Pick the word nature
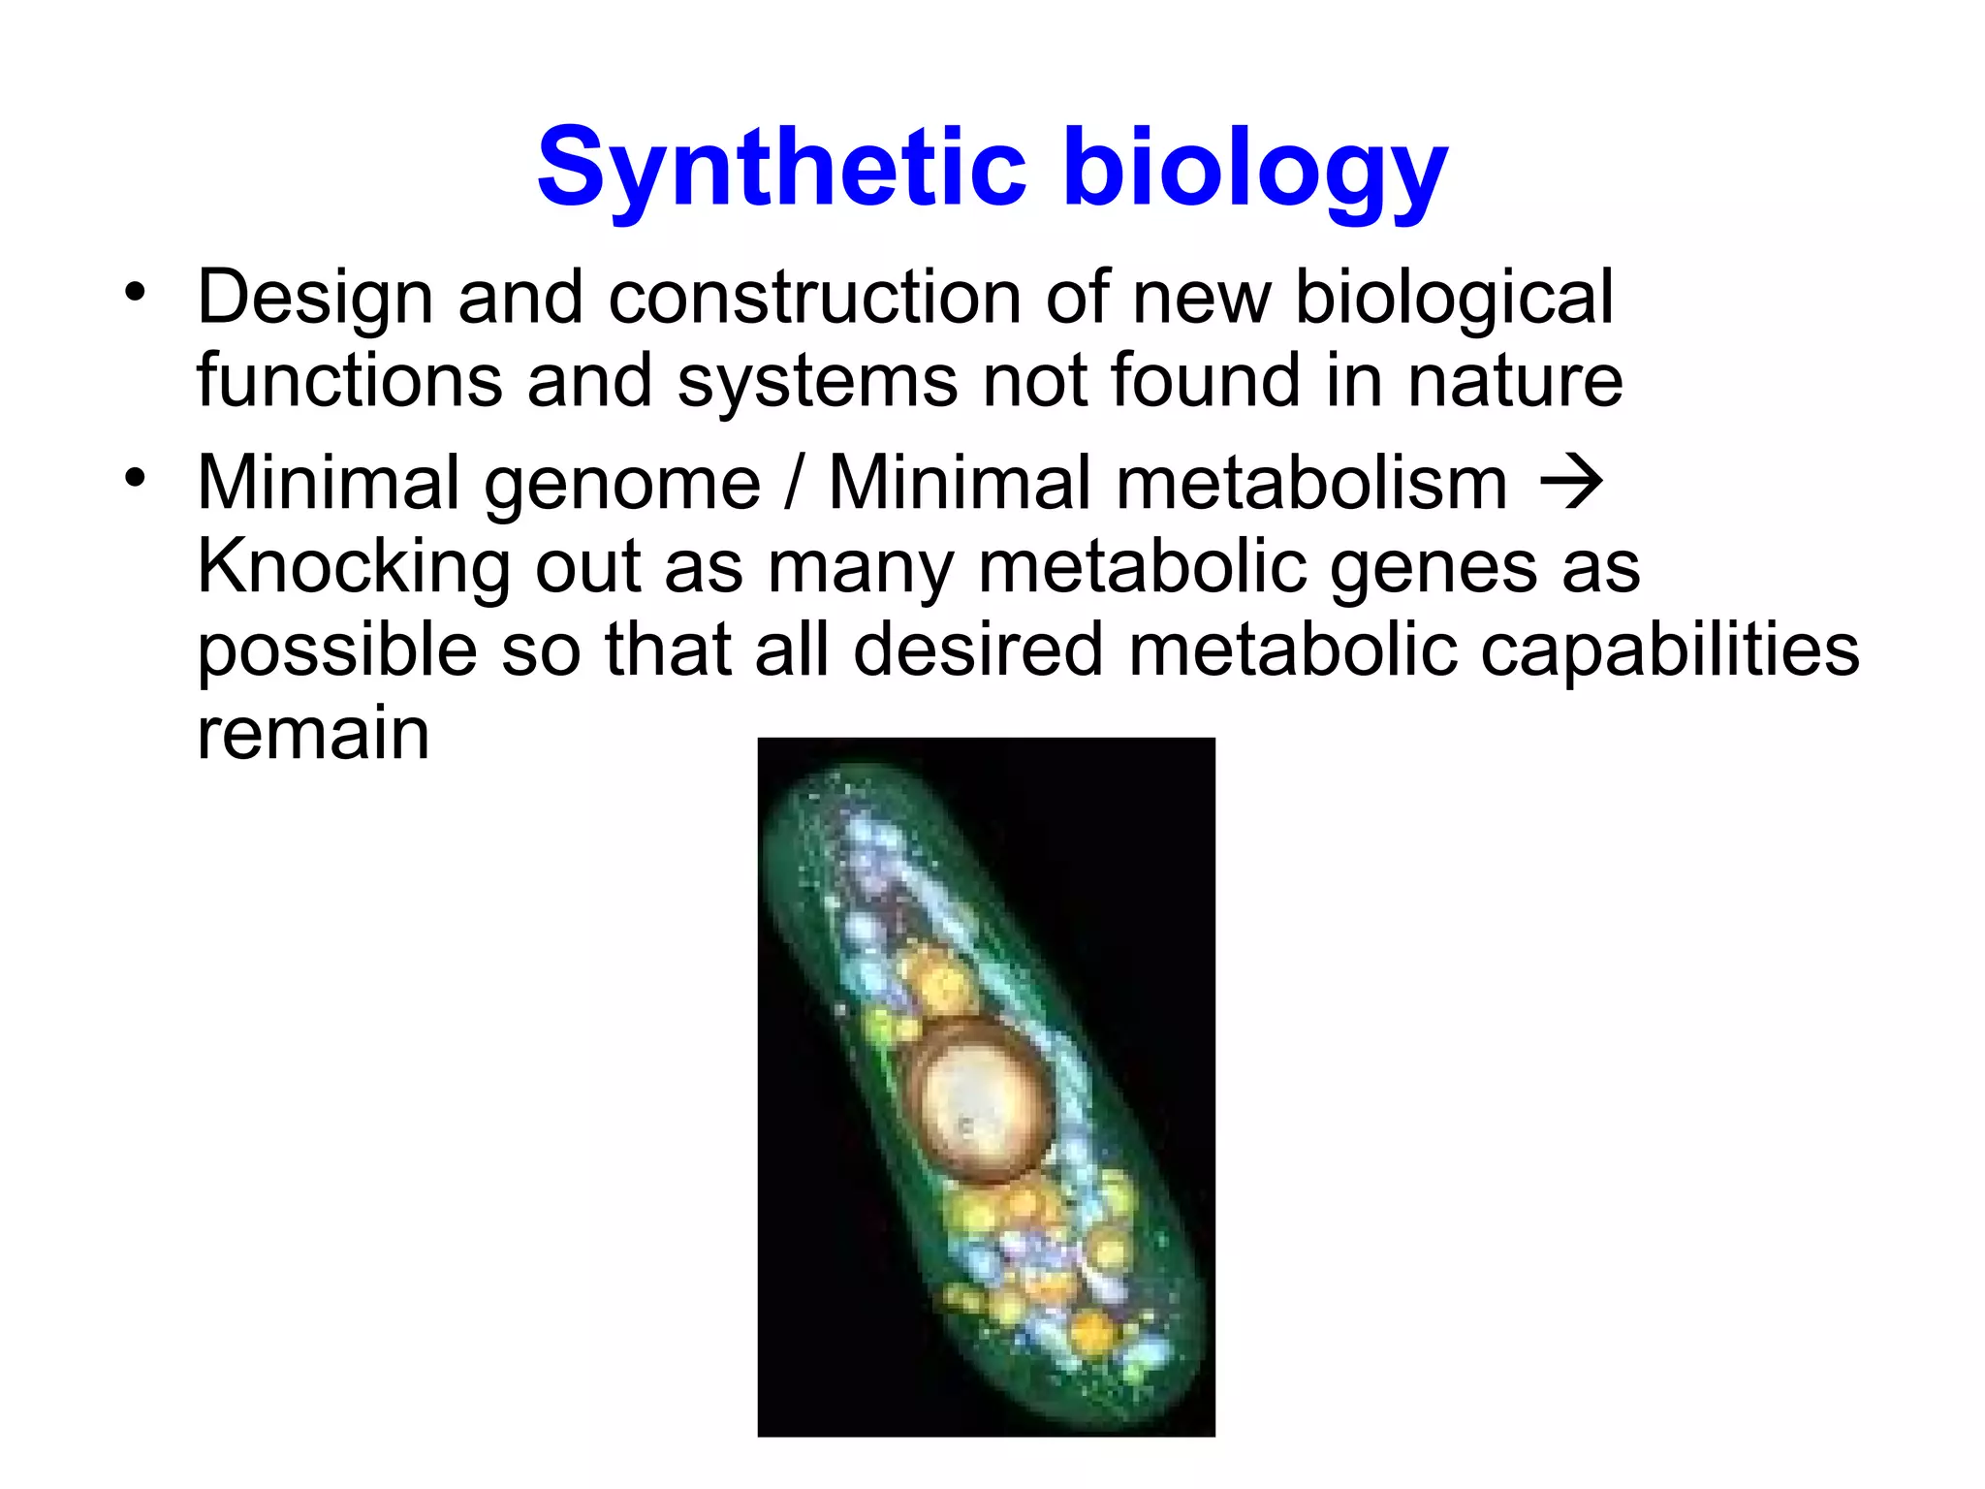click(x=1515, y=380)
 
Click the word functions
click(x=349, y=380)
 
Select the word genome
click(x=622, y=483)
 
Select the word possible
click(x=336, y=649)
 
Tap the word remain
click(x=313, y=733)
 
